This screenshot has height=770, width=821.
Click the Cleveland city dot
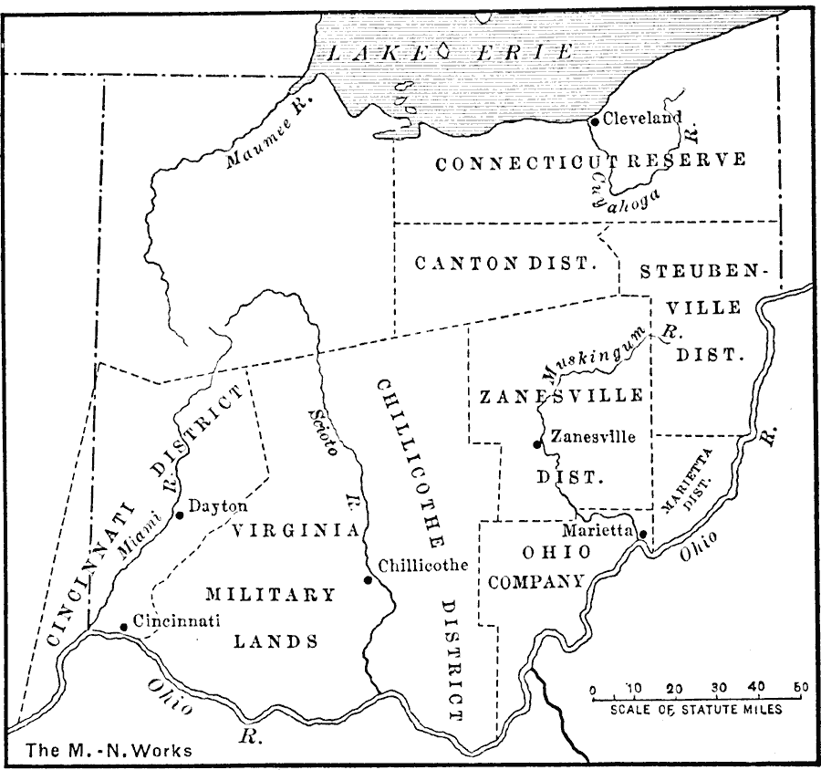point(594,120)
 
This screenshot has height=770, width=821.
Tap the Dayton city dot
point(180,515)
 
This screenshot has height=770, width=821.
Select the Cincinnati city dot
point(124,627)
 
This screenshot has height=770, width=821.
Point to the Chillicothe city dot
point(368,580)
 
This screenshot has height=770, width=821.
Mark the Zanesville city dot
point(537,444)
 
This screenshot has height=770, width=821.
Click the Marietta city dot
point(642,535)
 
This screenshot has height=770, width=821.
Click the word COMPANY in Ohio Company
point(536,579)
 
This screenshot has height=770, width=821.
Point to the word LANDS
point(276,641)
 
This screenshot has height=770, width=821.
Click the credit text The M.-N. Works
point(109,752)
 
